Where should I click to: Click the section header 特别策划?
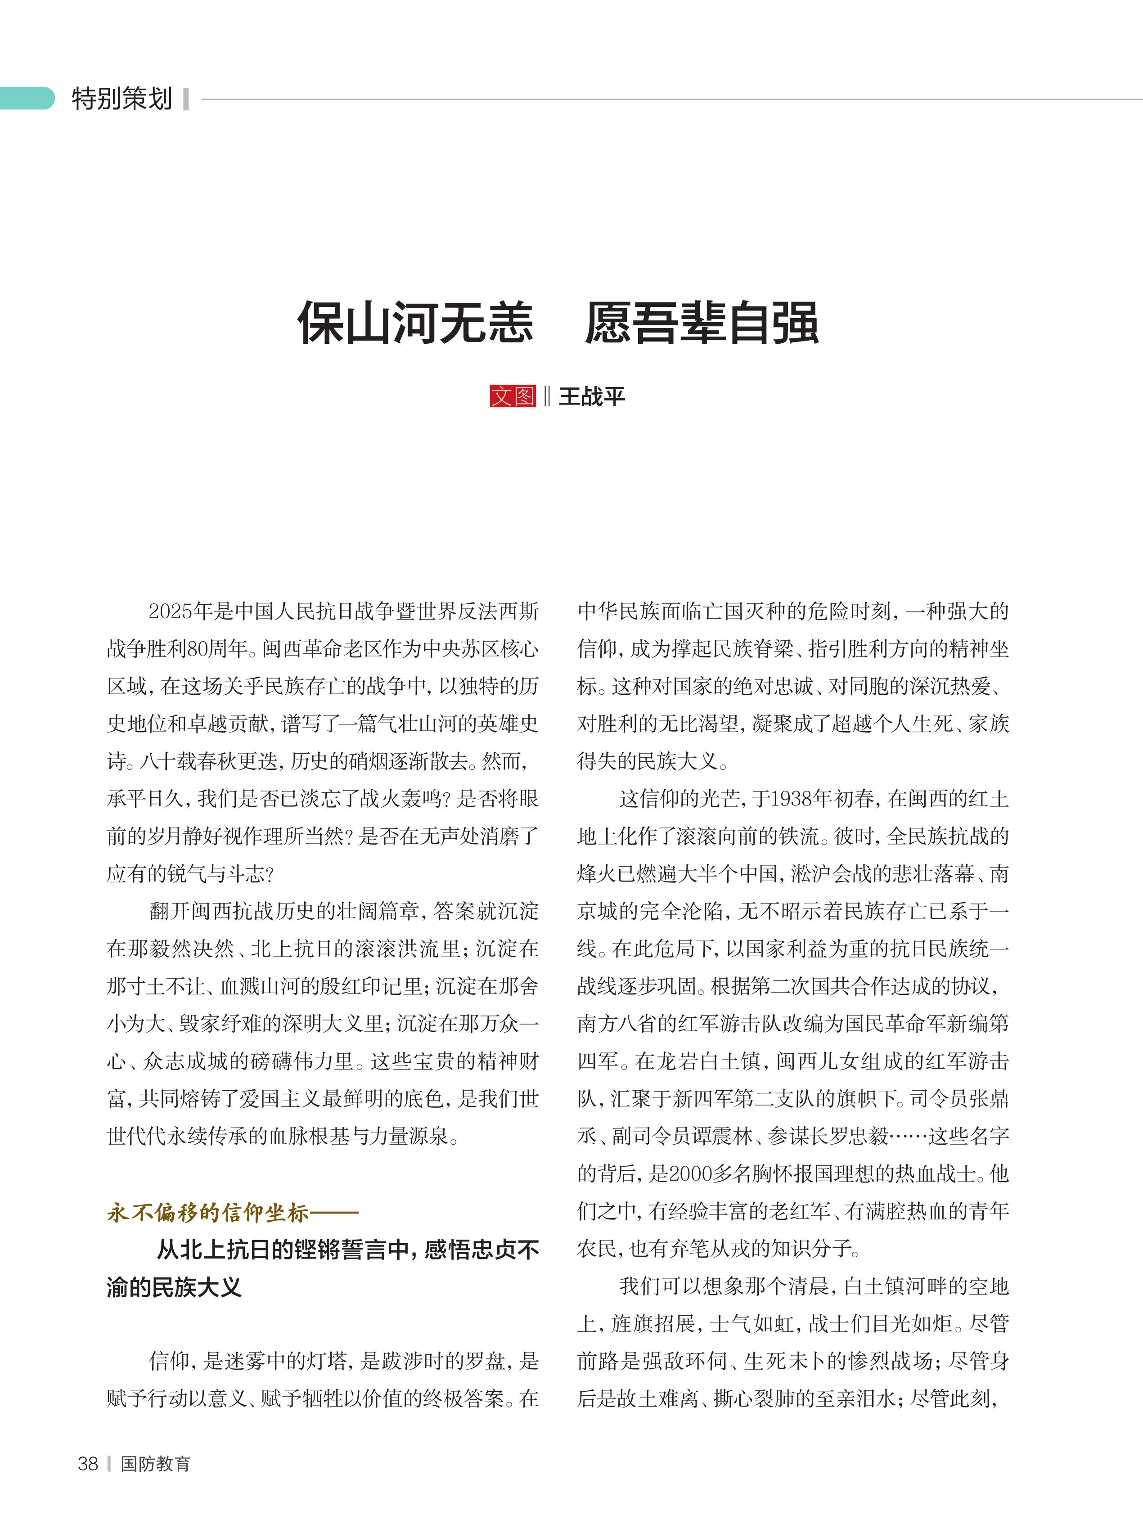[122, 99]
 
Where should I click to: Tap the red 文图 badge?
[512, 396]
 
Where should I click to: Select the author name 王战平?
[592, 396]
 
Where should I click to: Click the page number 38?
[88, 1464]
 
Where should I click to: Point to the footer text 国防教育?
[155, 1464]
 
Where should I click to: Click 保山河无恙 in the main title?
[415, 323]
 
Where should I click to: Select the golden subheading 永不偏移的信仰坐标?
[207, 1213]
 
